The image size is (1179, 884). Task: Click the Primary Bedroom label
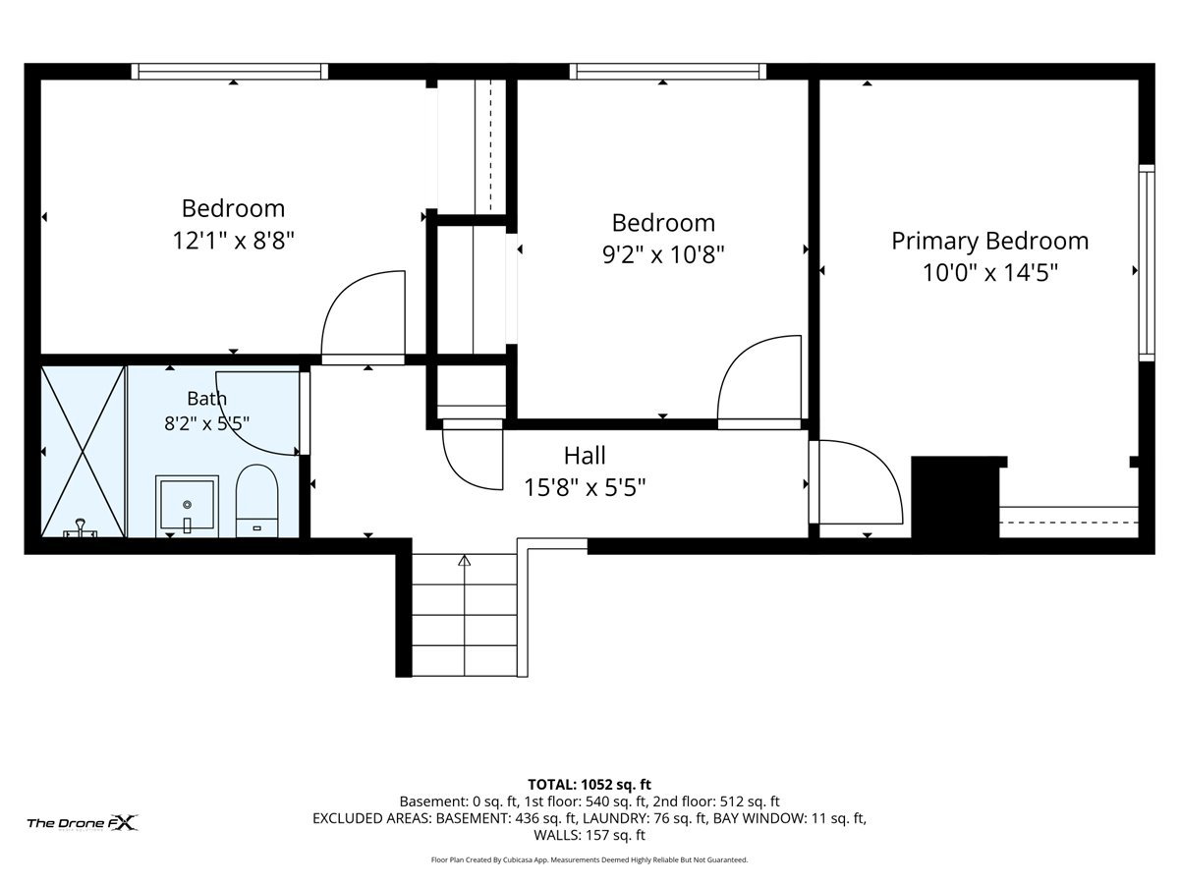click(x=989, y=241)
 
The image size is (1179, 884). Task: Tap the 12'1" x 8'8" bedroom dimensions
click(x=233, y=241)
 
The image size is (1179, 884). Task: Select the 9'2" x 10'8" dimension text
click(x=663, y=254)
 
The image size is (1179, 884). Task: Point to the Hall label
click(x=585, y=456)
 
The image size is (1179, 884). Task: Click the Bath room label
click(x=206, y=398)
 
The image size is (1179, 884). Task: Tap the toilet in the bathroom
click(x=256, y=501)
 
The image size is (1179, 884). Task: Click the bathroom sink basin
click(x=187, y=506)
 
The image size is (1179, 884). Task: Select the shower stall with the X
click(x=83, y=452)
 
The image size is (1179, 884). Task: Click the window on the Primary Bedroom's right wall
click(x=1147, y=263)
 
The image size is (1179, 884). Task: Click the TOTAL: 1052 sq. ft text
click(x=589, y=784)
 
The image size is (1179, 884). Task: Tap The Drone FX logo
click(x=83, y=822)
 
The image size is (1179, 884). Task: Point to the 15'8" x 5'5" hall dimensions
click(x=585, y=488)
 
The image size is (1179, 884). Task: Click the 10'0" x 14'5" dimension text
click(x=990, y=273)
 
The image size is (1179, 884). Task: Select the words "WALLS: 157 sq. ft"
click(x=589, y=835)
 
